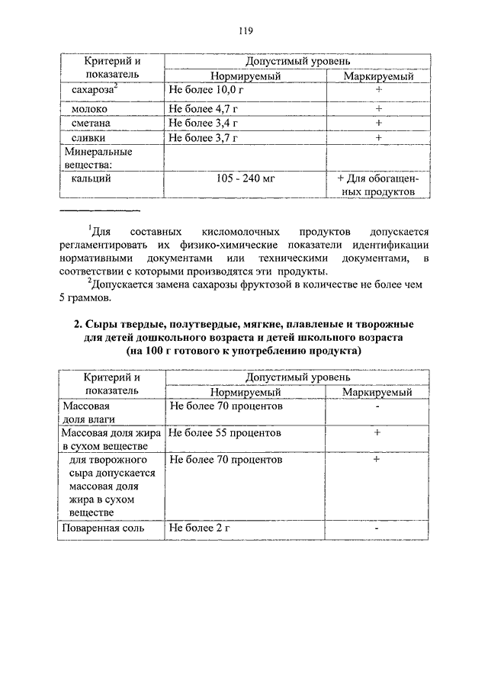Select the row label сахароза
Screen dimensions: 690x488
(x=91, y=91)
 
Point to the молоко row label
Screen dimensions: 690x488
(x=89, y=108)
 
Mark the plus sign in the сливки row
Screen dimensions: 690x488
(x=377, y=138)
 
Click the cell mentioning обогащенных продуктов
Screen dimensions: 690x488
(x=378, y=185)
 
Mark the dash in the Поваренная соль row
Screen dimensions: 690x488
(x=377, y=528)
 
